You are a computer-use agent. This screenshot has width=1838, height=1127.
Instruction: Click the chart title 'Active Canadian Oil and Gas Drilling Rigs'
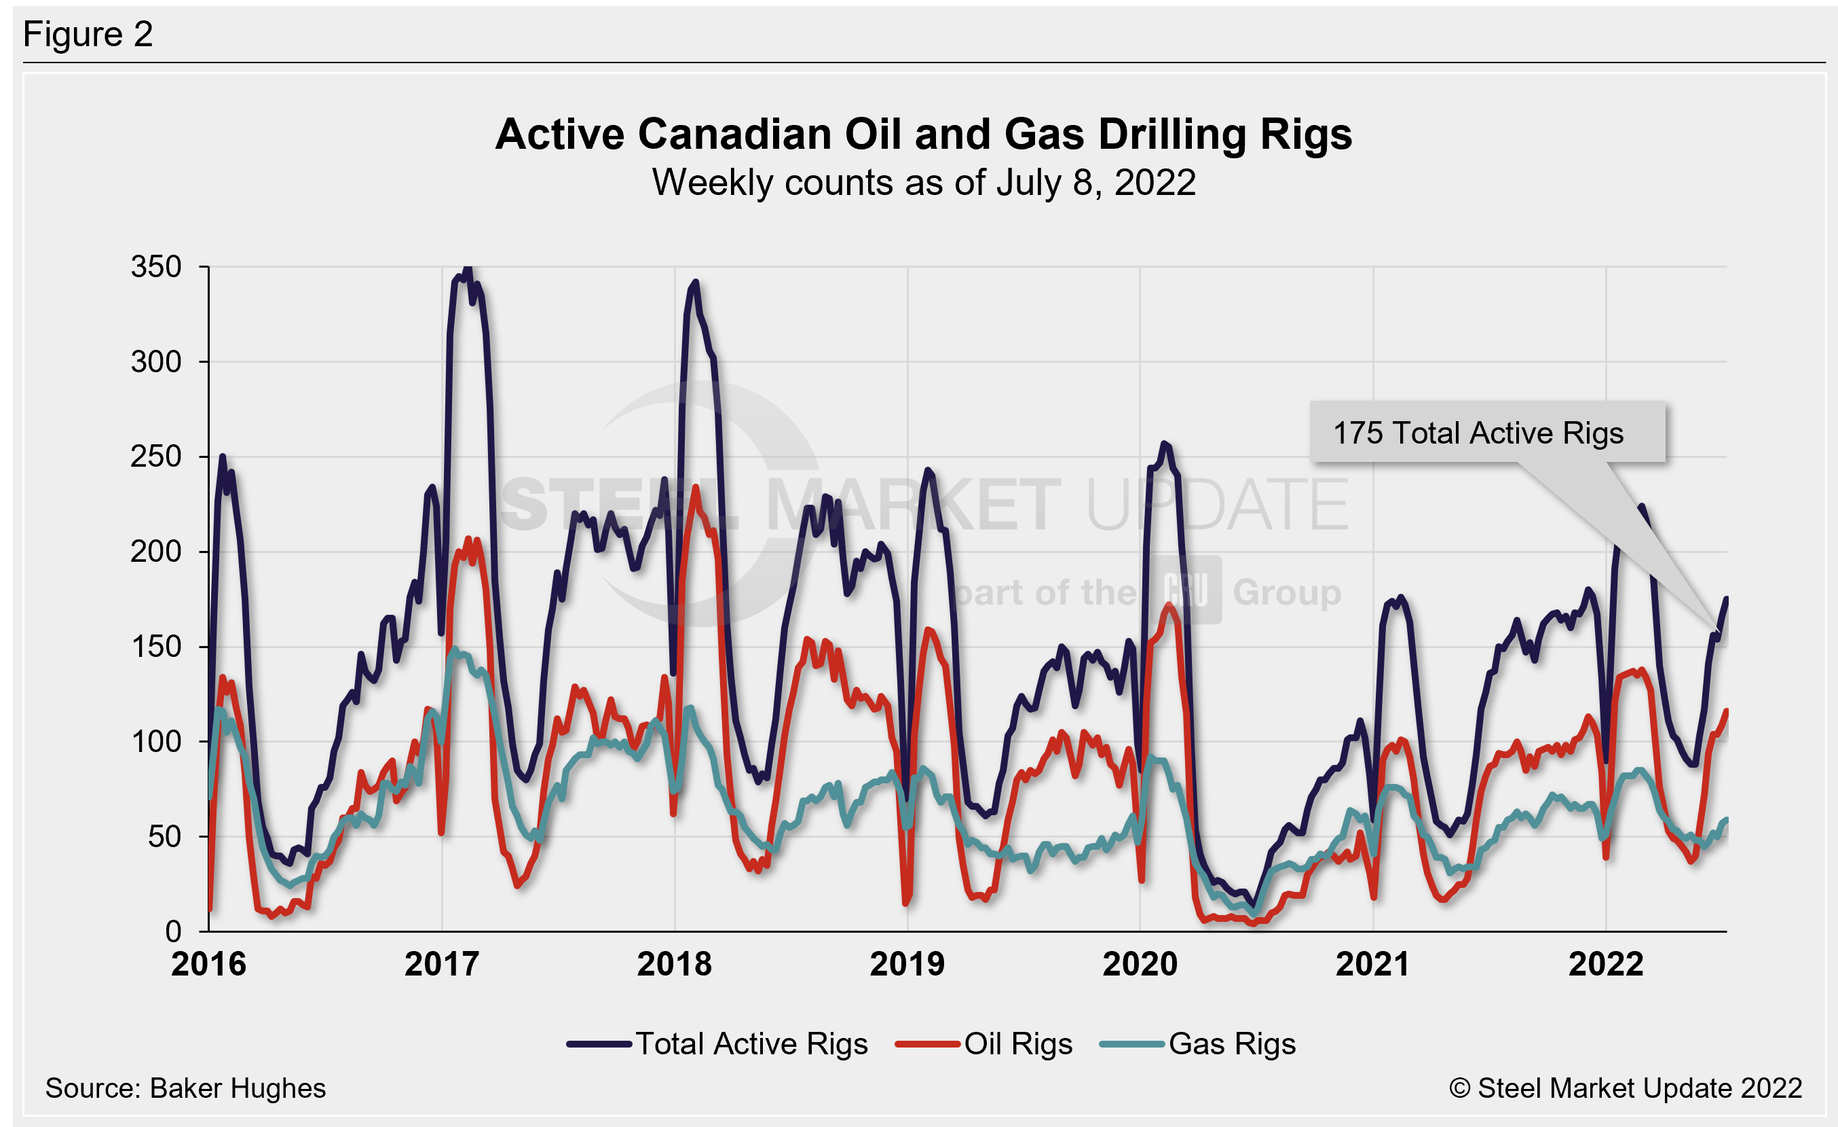tap(924, 135)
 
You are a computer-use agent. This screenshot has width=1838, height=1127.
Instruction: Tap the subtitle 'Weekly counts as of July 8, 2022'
tap(924, 183)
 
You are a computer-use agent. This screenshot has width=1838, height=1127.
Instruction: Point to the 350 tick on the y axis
tap(156, 267)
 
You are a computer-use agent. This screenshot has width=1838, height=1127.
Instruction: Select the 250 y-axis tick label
tap(156, 457)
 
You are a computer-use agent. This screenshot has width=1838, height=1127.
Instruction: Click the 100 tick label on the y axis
tap(156, 742)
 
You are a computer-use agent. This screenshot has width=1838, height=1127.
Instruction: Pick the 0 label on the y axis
tap(173, 931)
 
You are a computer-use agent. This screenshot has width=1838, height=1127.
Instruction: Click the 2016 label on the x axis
tap(209, 964)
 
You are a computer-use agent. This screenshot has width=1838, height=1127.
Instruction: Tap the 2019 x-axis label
tap(907, 964)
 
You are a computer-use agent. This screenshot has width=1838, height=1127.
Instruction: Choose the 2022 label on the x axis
tap(1605, 964)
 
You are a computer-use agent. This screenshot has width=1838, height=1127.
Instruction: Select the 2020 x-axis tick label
tap(1140, 964)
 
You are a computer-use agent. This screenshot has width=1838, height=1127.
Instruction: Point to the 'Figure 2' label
tap(88, 35)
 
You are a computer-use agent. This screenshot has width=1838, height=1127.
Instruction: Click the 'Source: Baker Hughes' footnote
tap(185, 1089)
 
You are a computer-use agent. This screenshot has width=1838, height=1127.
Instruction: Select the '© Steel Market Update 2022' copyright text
tap(1626, 1089)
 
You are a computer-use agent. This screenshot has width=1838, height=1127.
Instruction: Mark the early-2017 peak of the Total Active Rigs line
tap(468, 269)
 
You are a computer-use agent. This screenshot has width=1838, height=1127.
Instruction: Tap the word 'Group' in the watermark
tap(1287, 592)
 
